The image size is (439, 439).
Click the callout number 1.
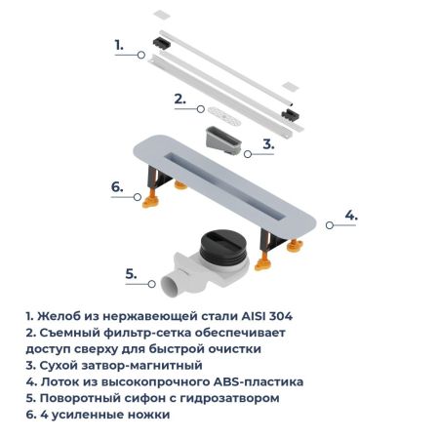pyautogui.click(x=119, y=45)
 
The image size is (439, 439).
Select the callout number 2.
pyautogui.click(x=180, y=98)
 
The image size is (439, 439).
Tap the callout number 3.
pyautogui.click(x=268, y=143)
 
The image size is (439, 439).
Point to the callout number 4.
pyautogui.click(x=351, y=215)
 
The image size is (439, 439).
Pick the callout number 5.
pyautogui.click(x=130, y=274)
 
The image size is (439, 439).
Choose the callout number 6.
pyautogui.click(x=116, y=185)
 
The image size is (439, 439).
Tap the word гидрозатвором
pyautogui.click(x=223, y=398)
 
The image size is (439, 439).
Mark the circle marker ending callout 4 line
pyautogui.click(x=328, y=224)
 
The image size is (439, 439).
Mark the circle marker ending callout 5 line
pyautogui.click(x=154, y=285)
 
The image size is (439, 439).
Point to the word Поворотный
pyautogui.click(x=88, y=398)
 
